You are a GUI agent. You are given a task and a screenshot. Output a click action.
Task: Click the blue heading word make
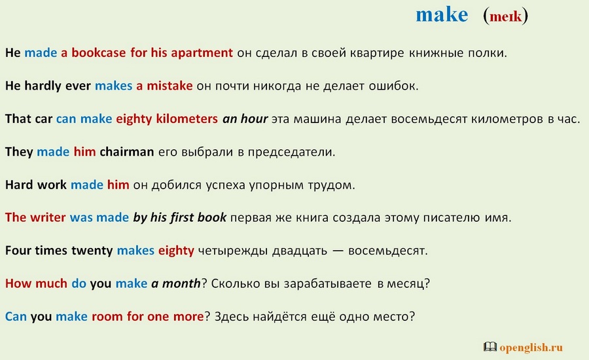(x=442, y=15)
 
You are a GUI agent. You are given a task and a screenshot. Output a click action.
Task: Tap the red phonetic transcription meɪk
(x=506, y=16)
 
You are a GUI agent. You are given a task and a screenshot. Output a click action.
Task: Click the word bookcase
(x=99, y=52)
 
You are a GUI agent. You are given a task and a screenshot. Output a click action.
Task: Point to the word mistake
(x=170, y=86)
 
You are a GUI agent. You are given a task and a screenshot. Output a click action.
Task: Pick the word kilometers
(x=187, y=118)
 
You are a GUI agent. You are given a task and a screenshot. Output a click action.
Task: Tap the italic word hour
(x=255, y=118)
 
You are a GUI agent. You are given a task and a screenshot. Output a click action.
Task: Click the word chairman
(x=126, y=152)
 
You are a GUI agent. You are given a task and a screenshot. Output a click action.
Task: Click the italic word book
(x=212, y=217)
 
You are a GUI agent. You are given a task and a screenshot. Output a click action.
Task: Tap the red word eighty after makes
(x=176, y=251)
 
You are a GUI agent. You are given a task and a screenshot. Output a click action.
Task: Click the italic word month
(x=181, y=283)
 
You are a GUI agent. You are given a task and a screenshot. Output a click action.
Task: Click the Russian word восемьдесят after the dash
(x=387, y=251)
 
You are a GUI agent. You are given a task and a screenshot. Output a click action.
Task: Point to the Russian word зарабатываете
(x=328, y=283)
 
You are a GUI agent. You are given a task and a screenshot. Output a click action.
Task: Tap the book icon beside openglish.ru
(x=490, y=346)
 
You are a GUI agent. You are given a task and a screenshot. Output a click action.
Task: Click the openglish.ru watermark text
(x=531, y=347)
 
